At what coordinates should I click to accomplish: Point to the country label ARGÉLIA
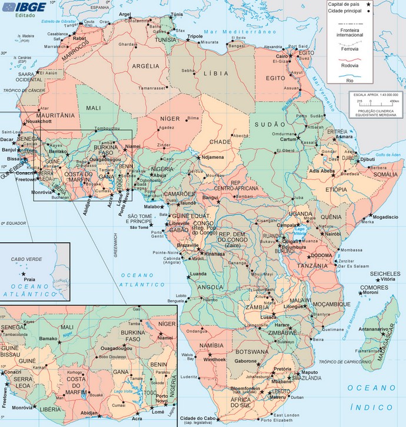click(x=146, y=66)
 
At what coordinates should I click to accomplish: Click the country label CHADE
click(x=220, y=142)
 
